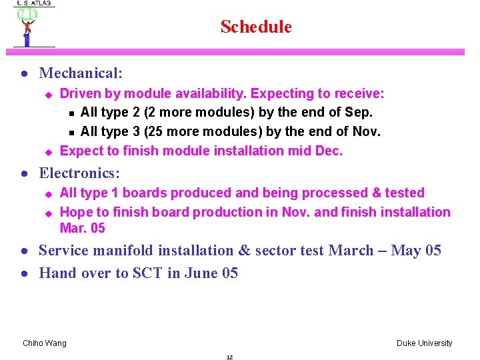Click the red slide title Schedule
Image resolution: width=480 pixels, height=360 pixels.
coord(256,27)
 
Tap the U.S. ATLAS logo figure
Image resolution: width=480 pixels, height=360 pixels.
coord(27,25)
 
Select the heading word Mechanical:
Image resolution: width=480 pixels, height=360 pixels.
coord(81,73)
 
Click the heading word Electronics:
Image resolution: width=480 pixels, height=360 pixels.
coord(79,173)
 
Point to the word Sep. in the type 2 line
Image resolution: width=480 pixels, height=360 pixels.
coord(359,113)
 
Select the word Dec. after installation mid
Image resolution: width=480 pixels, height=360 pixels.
coord(328,151)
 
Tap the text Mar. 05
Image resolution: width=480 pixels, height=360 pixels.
coord(83,229)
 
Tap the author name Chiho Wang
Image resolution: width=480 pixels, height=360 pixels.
coord(45,343)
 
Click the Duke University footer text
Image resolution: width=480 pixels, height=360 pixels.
coord(424,343)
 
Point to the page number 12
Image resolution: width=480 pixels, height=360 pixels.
coord(229,357)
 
